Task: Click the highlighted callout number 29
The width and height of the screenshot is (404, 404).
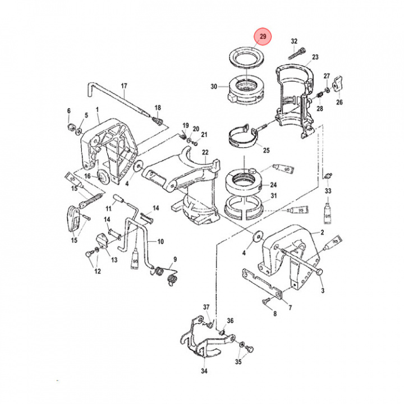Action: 263,37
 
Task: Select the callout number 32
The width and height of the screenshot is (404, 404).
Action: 293,42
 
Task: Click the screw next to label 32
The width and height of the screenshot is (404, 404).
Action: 295,54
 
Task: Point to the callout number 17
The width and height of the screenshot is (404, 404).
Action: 124,86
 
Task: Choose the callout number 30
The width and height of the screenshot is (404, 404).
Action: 213,87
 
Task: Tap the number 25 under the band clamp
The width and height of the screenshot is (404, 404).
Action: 266,150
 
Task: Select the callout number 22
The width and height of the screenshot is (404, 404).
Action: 205,153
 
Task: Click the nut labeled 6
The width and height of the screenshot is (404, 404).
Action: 70,128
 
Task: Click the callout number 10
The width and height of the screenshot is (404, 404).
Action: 160,242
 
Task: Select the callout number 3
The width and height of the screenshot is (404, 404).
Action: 323,290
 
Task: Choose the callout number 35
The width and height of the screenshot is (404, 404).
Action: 238,362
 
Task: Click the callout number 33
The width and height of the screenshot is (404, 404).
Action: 328,191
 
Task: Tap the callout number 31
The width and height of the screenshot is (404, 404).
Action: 274,196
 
